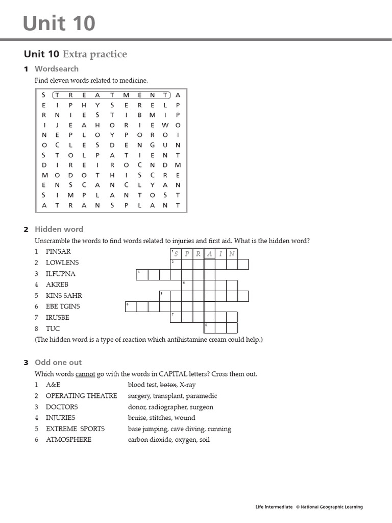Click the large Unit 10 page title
(x=60, y=23)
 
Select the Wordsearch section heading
(x=56, y=68)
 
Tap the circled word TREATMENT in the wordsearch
(x=111, y=95)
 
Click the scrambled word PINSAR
(x=58, y=251)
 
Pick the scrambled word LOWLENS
(x=62, y=263)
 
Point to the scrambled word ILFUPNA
(x=61, y=274)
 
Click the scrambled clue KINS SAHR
(x=64, y=296)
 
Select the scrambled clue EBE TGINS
(x=63, y=306)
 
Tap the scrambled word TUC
(x=53, y=329)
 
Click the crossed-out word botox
(x=168, y=385)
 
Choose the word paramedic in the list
(x=201, y=396)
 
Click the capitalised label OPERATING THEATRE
(x=81, y=396)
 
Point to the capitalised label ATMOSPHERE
(x=68, y=440)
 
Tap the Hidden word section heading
(x=59, y=229)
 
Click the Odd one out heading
(x=58, y=362)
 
